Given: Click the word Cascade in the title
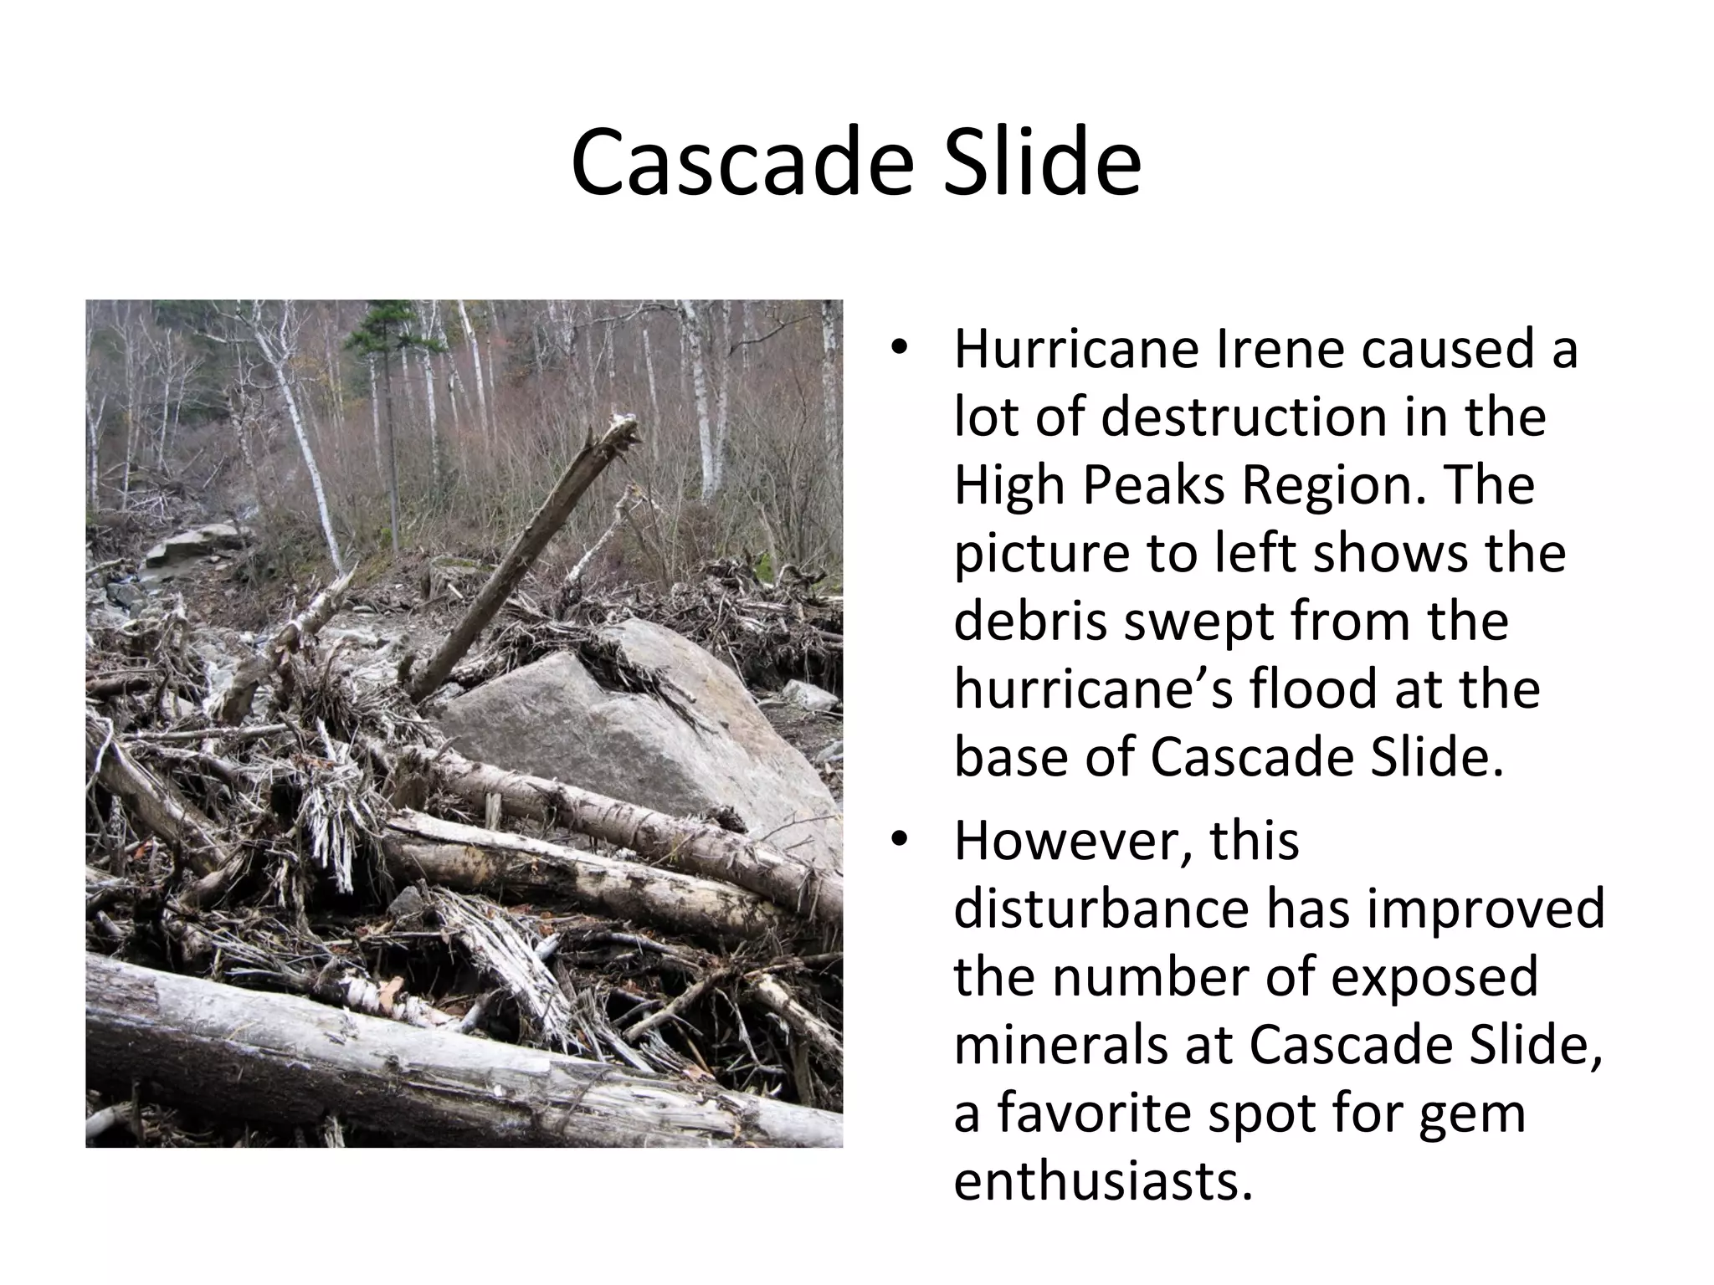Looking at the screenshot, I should (x=740, y=163).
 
